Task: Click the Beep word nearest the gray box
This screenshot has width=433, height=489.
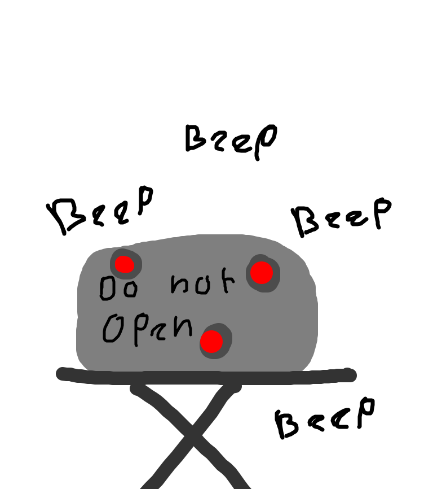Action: tap(104, 210)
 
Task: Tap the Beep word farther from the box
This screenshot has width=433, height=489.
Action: tap(231, 139)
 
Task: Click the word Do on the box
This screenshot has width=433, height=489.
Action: tap(118, 288)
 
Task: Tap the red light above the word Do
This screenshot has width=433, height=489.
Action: tap(124, 264)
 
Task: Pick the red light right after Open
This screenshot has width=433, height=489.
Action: tap(213, 340)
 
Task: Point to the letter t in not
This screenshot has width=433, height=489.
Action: tap(226, 281)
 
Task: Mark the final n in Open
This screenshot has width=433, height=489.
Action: tap(183, 326)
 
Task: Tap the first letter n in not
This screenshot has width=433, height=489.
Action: tap(180, 285)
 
